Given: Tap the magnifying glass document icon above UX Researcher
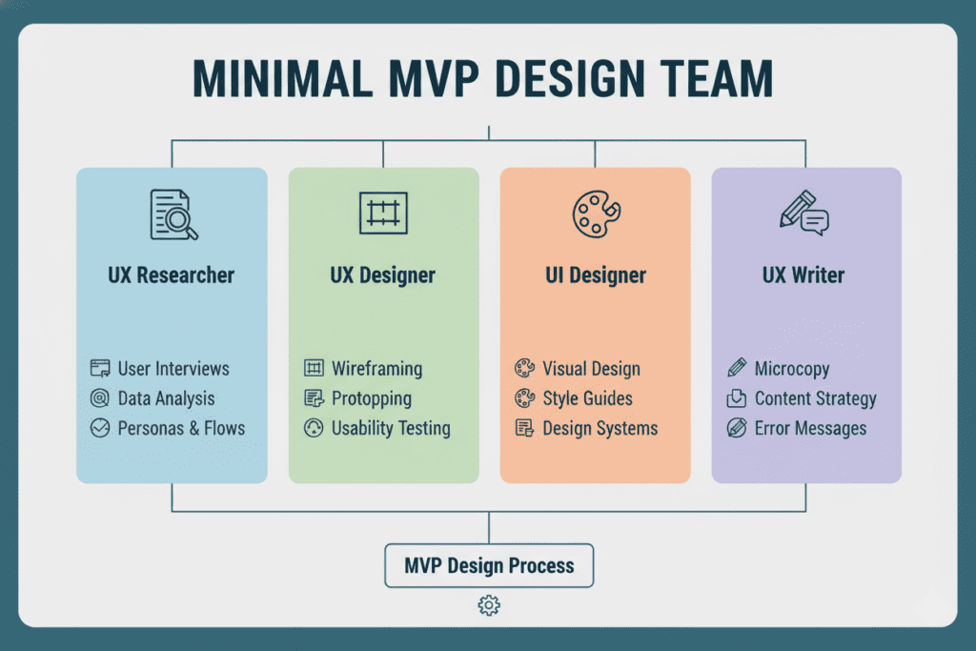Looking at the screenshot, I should (x=173, y=214).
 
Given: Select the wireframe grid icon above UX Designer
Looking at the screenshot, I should (x=383, y=213).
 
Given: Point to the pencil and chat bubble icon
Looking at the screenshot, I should (x=803, y=213).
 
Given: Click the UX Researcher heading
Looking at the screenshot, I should (x=172, y=275).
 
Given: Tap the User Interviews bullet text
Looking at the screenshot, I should (x=173, y=368).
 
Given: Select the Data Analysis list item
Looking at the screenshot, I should (x=166, y=398).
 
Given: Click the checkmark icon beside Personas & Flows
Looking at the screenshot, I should (x=100, y=428).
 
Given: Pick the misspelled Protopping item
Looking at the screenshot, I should (x=372, y=398).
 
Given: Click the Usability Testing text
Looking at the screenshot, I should (x=391, y=428).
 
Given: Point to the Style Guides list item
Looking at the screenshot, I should (x=587, y=398).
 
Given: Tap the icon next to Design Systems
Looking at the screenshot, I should (x=524, y=428).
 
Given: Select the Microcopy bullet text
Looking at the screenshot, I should (x=792, y=368).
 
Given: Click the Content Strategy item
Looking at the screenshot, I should (x=815, y=398).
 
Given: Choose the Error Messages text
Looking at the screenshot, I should (x=810, y=428).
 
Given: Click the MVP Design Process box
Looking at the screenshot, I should (x=489, y=566).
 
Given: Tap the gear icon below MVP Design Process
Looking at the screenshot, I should (x=489, y=605).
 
